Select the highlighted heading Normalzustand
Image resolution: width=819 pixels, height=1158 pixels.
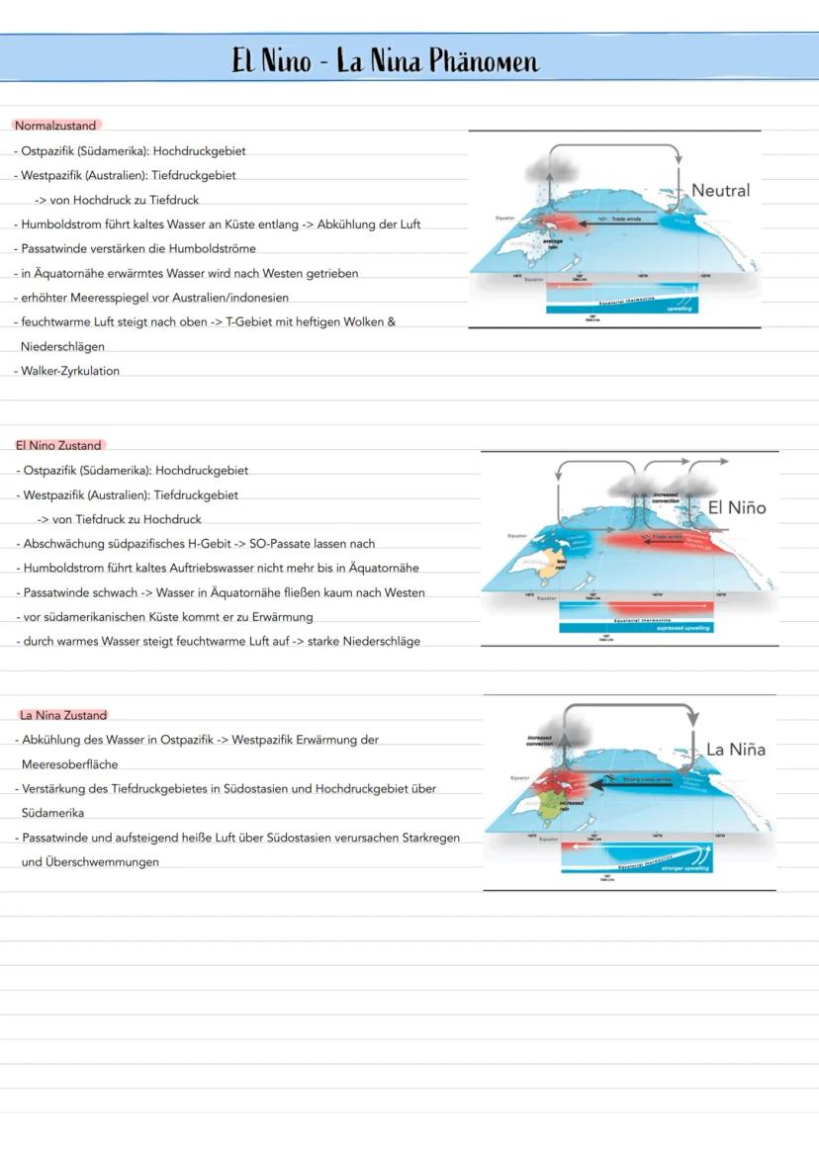pos(55,126)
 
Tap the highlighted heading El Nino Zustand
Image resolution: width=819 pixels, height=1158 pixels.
pos(58,446)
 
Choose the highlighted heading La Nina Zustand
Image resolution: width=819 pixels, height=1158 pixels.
pos(63,715)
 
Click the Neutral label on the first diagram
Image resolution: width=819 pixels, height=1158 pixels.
pos(720,190)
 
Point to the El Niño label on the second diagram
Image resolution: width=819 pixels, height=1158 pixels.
pos(736,507)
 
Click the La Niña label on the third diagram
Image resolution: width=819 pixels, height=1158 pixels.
pos(735,750)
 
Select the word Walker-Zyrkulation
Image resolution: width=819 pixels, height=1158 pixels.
pos(70,371)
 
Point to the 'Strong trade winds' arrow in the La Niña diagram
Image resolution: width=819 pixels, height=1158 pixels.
pos(642,779)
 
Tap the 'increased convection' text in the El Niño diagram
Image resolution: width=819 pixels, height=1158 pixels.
pos(666,496)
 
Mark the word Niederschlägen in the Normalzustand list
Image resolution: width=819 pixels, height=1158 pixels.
pos(62,347)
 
